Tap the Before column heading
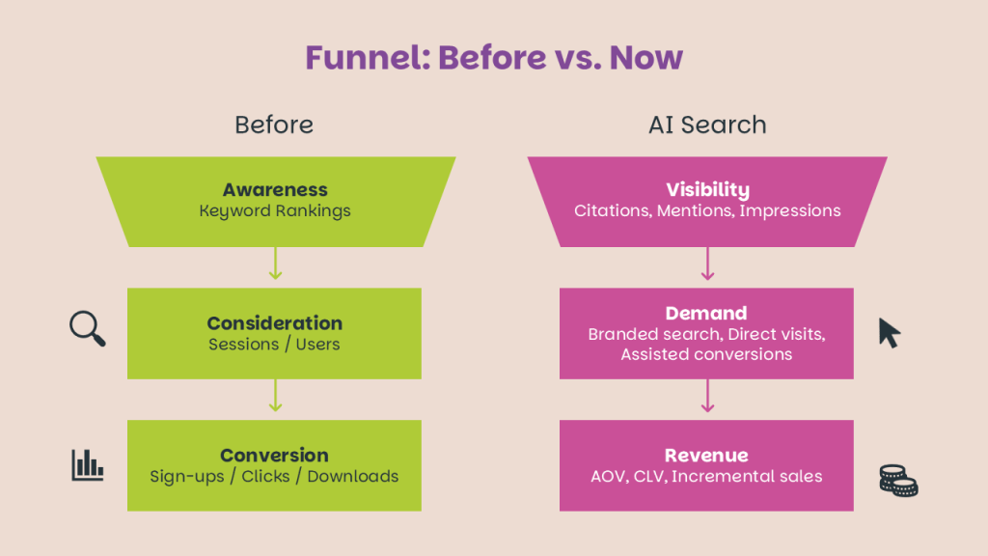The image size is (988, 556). tap(274, 125)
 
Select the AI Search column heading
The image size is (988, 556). tap(707, 125)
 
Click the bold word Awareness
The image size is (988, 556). tap(275, 189)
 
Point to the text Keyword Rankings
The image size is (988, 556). tap(275, 210)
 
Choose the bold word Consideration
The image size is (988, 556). tap(275, 322)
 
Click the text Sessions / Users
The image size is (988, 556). tap(274, 345)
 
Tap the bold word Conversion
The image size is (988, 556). tap(274, 456)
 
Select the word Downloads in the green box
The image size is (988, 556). tap(353, 476)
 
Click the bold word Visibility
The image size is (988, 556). tap(707, 189)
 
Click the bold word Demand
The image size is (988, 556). tap(706, 313)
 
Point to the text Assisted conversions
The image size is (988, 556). tap(706, 354)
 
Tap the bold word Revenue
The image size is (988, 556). tap(706, 456)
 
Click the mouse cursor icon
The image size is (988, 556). tap(889, 332)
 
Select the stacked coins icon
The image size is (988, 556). tap(898, 481)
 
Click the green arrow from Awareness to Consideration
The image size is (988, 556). tap(275, 264)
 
